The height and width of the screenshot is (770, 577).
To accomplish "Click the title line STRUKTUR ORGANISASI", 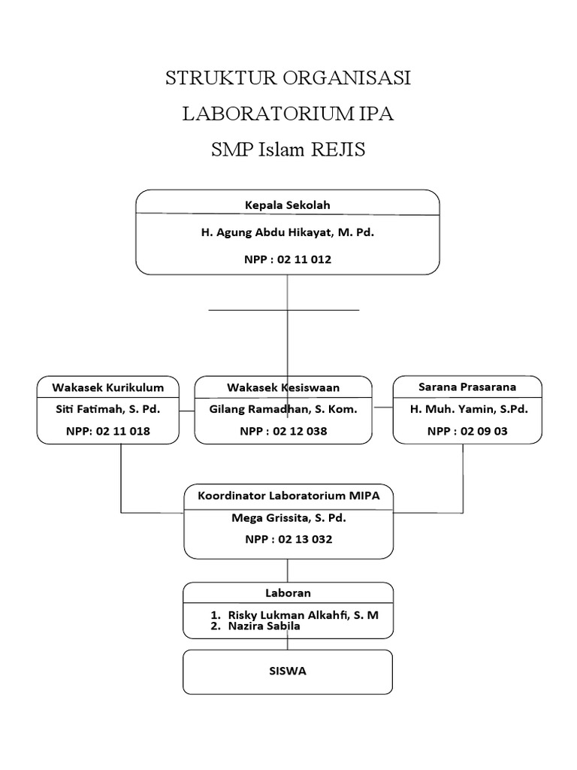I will [x=288, y=79].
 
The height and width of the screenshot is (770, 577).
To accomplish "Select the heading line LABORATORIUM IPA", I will [x=288, y=114].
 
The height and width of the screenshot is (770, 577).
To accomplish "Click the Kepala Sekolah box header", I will [x=287, y=204].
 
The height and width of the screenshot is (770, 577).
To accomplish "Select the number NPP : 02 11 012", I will [x=287, y=259].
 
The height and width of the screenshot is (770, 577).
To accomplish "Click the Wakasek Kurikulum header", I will [x=107, y=387].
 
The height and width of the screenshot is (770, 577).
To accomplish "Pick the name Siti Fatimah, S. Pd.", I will [x=107, y=410].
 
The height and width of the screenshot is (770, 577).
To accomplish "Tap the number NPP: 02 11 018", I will [x=107, y=432].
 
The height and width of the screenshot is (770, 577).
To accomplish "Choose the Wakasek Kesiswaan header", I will [x=283, y=387].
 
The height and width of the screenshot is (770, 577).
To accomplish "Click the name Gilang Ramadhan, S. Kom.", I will [x=283, y=410].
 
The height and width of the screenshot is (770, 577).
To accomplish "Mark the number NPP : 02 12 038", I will [x=283, y=432].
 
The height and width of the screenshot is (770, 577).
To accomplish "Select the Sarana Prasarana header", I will [x=467, y=387].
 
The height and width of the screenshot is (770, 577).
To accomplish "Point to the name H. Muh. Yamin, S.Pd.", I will [x=468, y=410].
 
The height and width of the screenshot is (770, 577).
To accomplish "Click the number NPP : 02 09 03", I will [x=467, y=432].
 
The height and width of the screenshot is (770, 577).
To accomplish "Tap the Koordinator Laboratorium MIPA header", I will [x=288, y=496].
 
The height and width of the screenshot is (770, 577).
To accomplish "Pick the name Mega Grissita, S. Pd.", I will [x=288, y=518].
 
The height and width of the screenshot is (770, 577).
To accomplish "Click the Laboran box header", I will [x=288, y=593].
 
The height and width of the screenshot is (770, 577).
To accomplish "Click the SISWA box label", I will [x=288, y=671].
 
